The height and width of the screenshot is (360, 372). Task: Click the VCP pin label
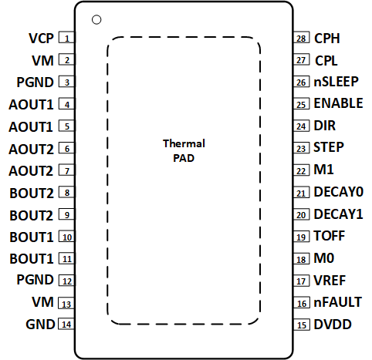41,38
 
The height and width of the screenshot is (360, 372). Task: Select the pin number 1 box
67,38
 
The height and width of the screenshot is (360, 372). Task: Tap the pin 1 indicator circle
96,19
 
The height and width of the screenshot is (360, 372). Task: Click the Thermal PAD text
184,150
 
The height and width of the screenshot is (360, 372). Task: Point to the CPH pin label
327,38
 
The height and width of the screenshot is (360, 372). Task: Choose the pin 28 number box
301,38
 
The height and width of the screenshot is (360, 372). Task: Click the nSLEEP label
335,81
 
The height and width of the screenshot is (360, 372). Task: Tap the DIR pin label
324,125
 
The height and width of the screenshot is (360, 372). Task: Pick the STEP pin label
329,146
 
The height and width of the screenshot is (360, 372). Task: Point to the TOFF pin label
329,236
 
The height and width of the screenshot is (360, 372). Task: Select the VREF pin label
329,281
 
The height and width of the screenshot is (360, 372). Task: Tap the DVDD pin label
332,325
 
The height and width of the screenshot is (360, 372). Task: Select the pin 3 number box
67,82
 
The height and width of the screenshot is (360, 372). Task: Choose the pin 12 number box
67,281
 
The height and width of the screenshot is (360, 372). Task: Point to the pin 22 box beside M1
301,170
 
